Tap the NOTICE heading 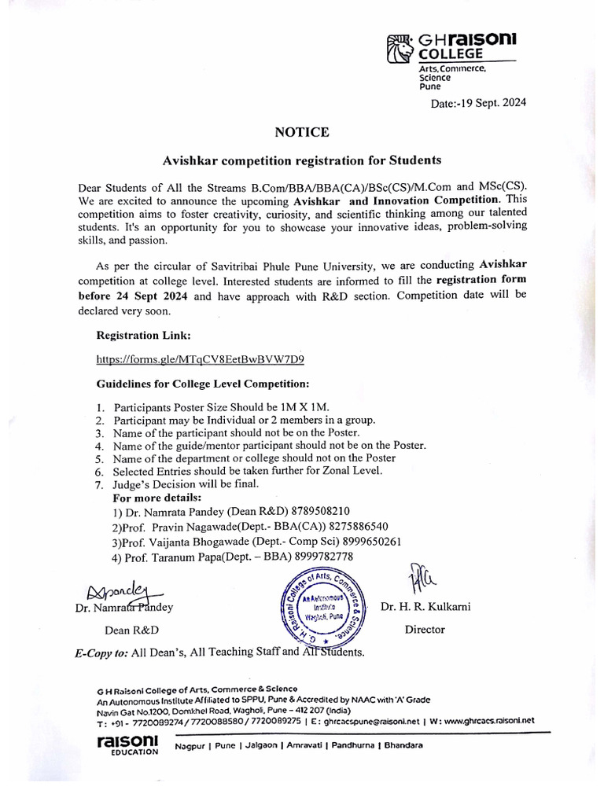tap(301, 132)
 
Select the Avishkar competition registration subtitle tap(301, 160)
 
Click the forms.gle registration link tap(200, 359)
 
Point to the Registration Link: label tap(143, 335)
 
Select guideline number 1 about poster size tap(221, 407)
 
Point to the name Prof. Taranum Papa tap(176, 557)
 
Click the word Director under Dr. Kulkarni tap(425, 629)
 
